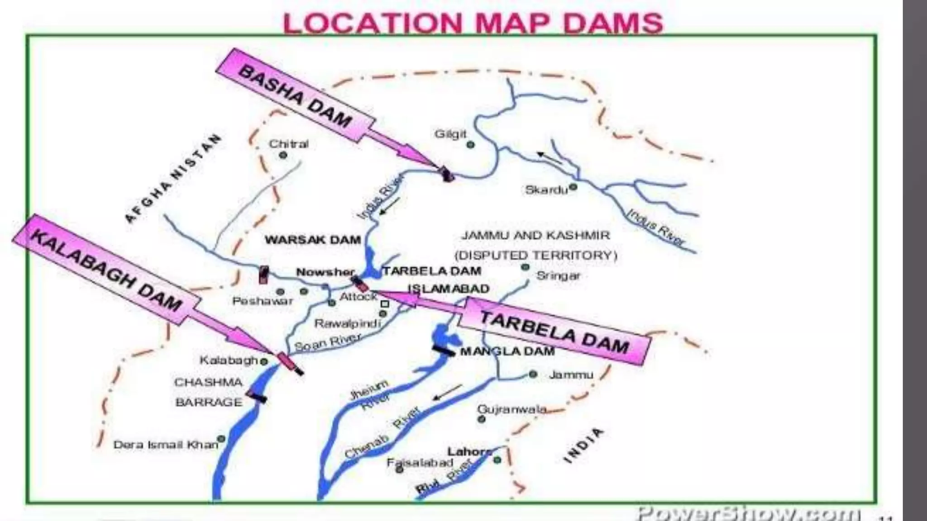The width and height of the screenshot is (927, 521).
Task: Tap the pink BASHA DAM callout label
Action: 295,96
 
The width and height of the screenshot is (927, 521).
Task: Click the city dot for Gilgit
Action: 470,145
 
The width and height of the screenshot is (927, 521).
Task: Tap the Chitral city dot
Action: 283,155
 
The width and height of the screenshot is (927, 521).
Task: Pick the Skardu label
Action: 546,190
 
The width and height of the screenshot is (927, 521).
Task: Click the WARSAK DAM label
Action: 313,240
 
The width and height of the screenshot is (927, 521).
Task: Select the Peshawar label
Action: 263,301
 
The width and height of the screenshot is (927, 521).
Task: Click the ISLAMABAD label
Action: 449,289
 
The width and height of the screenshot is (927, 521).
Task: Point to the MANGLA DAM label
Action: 507,351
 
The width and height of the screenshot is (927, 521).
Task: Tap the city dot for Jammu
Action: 533,374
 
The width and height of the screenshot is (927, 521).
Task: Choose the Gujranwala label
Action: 512,409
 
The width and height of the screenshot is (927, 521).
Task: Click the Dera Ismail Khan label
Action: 166,445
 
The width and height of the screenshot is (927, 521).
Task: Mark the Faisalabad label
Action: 420,462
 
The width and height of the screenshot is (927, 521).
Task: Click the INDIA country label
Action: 583,445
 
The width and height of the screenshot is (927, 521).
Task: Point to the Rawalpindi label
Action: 348,323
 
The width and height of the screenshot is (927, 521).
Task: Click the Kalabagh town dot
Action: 264,361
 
